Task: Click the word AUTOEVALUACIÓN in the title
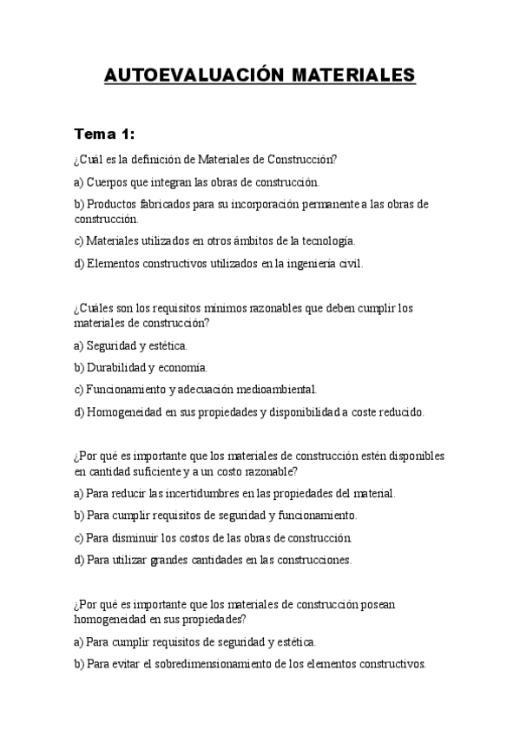pyautogui.click(x=188, y=76)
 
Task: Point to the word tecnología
pyautogui.click(x=325, y=240)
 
